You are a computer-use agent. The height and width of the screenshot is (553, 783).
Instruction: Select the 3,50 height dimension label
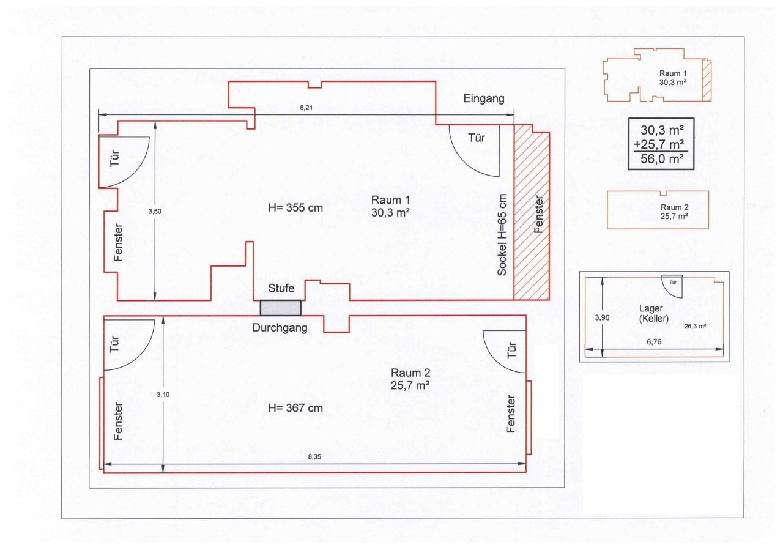155,211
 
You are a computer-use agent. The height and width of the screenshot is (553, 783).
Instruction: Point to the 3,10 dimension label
163,395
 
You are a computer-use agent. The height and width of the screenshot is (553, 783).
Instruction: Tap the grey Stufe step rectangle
281,308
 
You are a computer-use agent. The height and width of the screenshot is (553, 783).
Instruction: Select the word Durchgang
280,328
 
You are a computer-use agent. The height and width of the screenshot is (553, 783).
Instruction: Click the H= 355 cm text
295,208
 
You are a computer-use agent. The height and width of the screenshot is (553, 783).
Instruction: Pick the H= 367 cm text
295,408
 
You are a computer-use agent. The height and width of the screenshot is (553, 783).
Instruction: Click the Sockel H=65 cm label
502,235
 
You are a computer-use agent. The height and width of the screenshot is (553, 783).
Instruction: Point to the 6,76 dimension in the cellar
655,343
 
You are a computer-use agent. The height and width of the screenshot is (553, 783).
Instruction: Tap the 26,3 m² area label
696,327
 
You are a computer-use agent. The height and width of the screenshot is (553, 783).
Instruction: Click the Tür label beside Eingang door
476,138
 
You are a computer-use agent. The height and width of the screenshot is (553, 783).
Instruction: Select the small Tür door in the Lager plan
673,284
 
